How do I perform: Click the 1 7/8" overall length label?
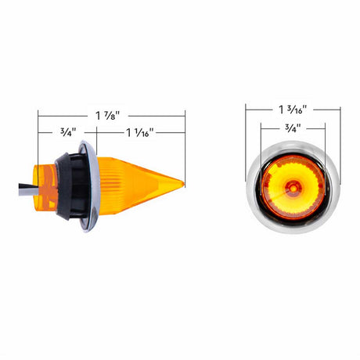tap(108, 116)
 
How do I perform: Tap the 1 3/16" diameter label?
tap(293, 110)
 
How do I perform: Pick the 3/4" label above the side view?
tap(68, 132)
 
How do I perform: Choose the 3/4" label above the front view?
tap(293, 128)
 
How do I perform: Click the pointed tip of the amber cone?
tap(184, 184)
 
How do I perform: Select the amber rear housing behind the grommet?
tap(45, 186)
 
